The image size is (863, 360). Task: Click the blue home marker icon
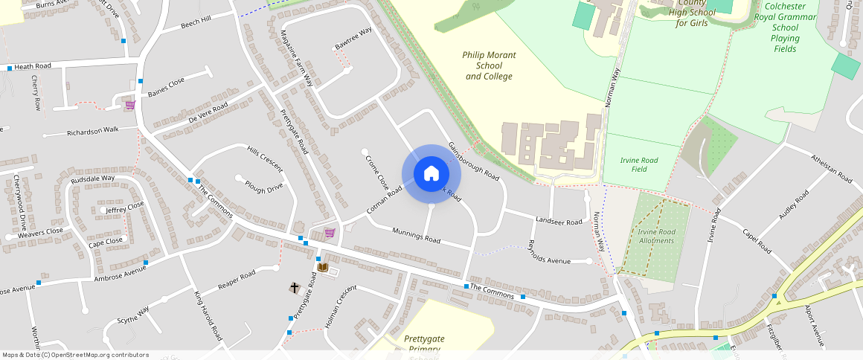(431, 174)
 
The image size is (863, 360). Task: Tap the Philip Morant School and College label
(489, 65)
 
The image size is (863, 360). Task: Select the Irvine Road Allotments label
(656, 236)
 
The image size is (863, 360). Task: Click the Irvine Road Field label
(638, 164)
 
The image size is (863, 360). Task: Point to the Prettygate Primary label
(425, 343)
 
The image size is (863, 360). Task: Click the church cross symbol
(295, 286)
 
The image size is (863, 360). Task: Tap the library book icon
(323, 267)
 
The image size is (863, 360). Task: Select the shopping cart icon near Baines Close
(130, 105)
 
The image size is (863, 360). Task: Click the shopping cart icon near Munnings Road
(330, 233)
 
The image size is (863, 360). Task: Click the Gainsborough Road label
(474, 161)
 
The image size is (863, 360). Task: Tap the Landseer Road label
(559, 222)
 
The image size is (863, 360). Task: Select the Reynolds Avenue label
(548, 253)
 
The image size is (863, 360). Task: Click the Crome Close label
(377, 170)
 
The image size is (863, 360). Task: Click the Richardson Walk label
(93, 131)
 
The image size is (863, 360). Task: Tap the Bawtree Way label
(353, 39)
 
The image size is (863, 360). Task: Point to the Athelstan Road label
(832, 167)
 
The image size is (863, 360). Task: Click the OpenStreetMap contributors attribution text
(76, 355)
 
